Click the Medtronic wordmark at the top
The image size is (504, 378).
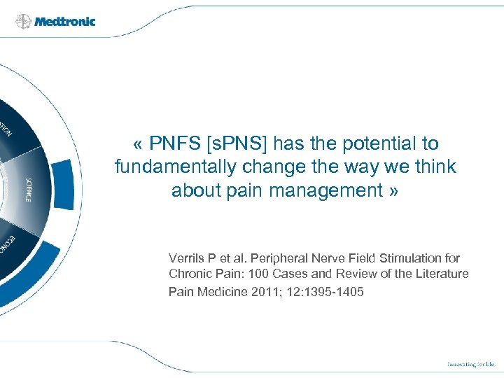coord(65,21)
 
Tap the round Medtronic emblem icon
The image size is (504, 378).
coord(24,21)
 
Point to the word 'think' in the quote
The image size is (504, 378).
coord(435,167)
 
